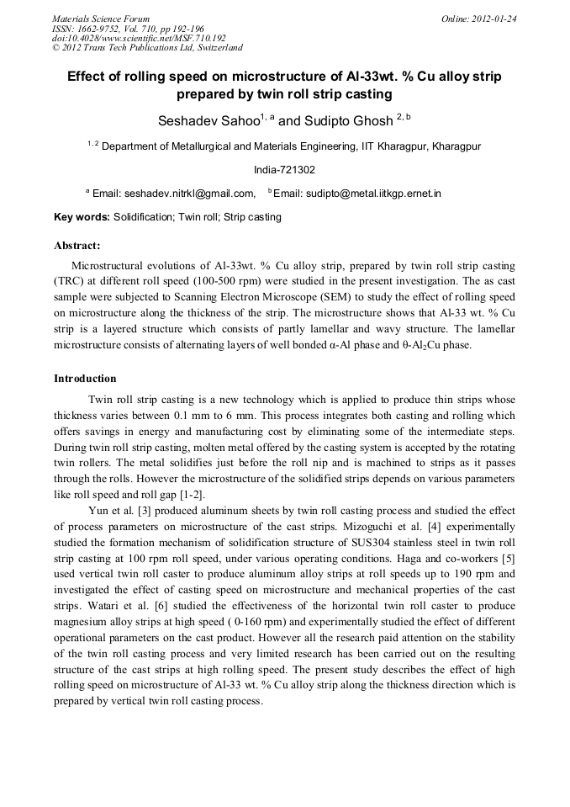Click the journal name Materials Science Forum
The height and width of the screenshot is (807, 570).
(101, 18)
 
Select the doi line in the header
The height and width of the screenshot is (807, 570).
(139, 38)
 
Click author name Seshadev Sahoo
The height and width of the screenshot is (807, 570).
(208, 120)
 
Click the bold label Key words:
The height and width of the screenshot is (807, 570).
(82, 217)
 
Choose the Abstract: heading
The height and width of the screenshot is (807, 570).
(77, 246)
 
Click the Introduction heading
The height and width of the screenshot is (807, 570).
(85, 379)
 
